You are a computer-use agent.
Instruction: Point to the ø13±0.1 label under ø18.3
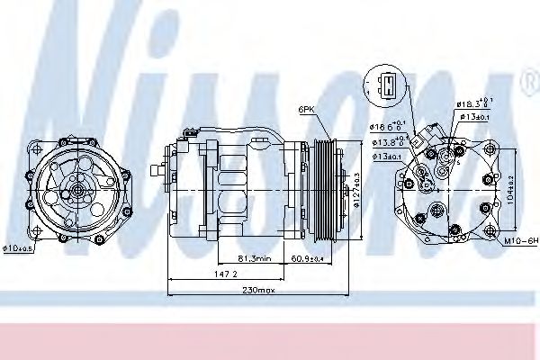[x=477, y=116]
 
